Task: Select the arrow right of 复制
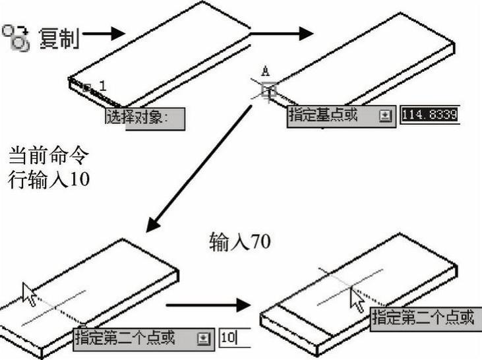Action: point(104,32)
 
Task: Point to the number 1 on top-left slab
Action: point(102,85)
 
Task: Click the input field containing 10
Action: point(234,338)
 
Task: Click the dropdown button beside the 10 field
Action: point(203,338)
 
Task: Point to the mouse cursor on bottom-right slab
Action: point(357,301)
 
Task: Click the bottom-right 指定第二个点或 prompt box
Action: point(422,318)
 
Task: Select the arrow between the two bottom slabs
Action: point(208,305)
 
